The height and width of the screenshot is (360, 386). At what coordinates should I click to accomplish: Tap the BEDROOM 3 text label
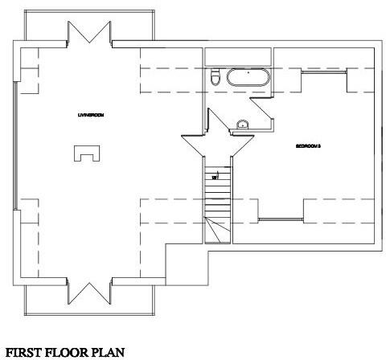click(x=308, y=146)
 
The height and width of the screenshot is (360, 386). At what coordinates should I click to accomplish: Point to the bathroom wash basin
click(x=241, y=124)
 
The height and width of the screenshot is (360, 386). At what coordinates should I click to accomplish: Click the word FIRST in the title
click(x=25, y=350)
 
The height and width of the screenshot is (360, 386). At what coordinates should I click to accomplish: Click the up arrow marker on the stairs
click(x=215, y=174)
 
